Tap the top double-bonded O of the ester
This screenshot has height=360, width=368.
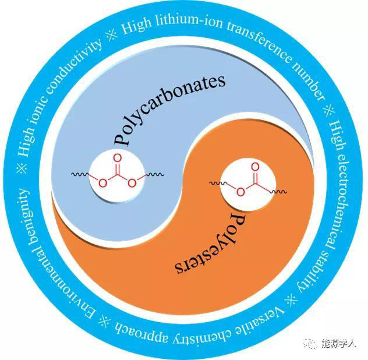pos(254,166)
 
